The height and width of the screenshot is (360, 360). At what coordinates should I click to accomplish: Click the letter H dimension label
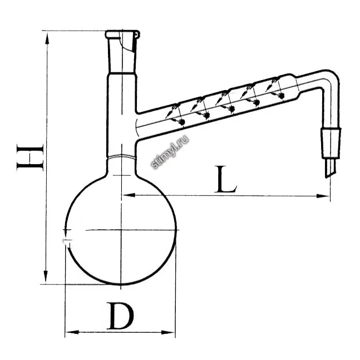[x=30, y=157]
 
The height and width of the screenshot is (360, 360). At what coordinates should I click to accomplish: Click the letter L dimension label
[x=225, y=179]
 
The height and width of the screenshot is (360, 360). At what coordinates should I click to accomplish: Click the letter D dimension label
[x=120, y=316]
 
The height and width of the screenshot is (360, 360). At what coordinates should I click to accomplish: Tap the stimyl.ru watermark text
[x=170, y=152]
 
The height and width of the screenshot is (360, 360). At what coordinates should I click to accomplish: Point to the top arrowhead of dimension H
[x=47, y=38]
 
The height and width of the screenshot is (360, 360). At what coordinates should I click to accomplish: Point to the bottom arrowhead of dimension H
[x=46, y=277]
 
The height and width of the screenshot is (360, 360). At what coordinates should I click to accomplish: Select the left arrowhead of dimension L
[x=129, y=195]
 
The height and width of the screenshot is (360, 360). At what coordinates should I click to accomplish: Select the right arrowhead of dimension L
[x=323, y=196]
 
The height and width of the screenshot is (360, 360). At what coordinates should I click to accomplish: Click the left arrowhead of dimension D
[x=72, y=332]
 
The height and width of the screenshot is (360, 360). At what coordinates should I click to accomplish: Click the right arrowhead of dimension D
[x=168, y=332]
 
